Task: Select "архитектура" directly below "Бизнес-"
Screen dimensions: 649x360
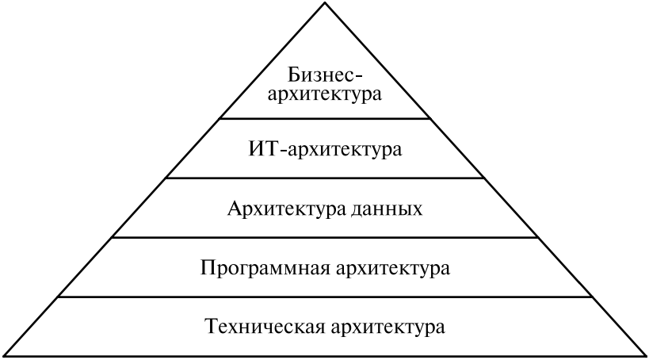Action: click(x=326, y=97)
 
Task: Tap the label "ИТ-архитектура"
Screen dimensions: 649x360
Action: click(x=326, y=149)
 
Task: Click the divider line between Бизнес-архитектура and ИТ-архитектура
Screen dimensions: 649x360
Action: click(x=325, y=119)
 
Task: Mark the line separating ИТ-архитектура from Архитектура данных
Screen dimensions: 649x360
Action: click(x=325, y=178)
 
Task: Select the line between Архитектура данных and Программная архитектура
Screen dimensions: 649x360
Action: click(x=325, y=237)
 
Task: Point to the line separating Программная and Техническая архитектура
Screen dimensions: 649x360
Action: click(x=325, y=297)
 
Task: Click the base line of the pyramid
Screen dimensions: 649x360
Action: click(x=325, y=355)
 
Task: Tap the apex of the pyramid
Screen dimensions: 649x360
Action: click(x=325, y=3)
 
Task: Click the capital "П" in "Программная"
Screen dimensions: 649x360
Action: click(x=207, y=267)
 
